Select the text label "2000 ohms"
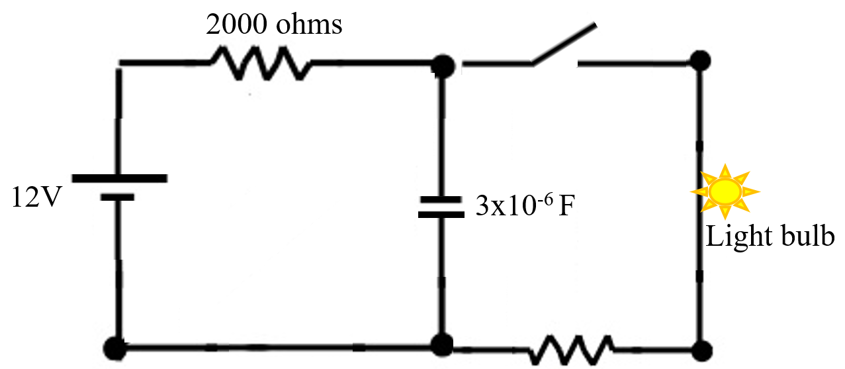click(x=275, y=25)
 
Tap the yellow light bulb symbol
click(x=725, y=191)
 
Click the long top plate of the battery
click(x=119, y=178)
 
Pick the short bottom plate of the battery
click(x=119, y=197)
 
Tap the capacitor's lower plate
click(x=440, y=214)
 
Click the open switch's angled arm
click(x=564, y=45)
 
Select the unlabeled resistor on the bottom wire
click(x=571, y=348)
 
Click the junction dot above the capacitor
click(x=442, y=65)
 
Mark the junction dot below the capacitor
click(x=442, y=344)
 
